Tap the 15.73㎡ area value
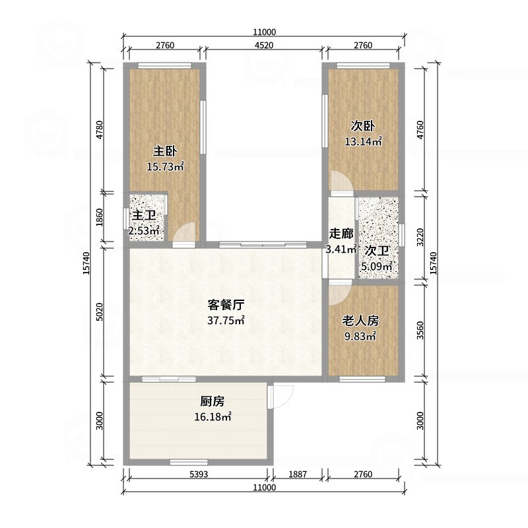pyautogui.click(x=165, y=167)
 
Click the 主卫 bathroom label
pyautogui.click(x=144, y=216)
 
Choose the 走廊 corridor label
pyautogui.click(x=341, y=234)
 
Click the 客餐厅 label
pyautogui.click(x=226, y=305)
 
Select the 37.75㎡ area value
pyautogui.click(x=226, y=321)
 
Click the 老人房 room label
pyautogui.click(x=360, y=321)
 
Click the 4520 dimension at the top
pyautogui.click(x=263, y=46)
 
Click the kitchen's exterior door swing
pyautogui.click(x=282, y=397)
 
